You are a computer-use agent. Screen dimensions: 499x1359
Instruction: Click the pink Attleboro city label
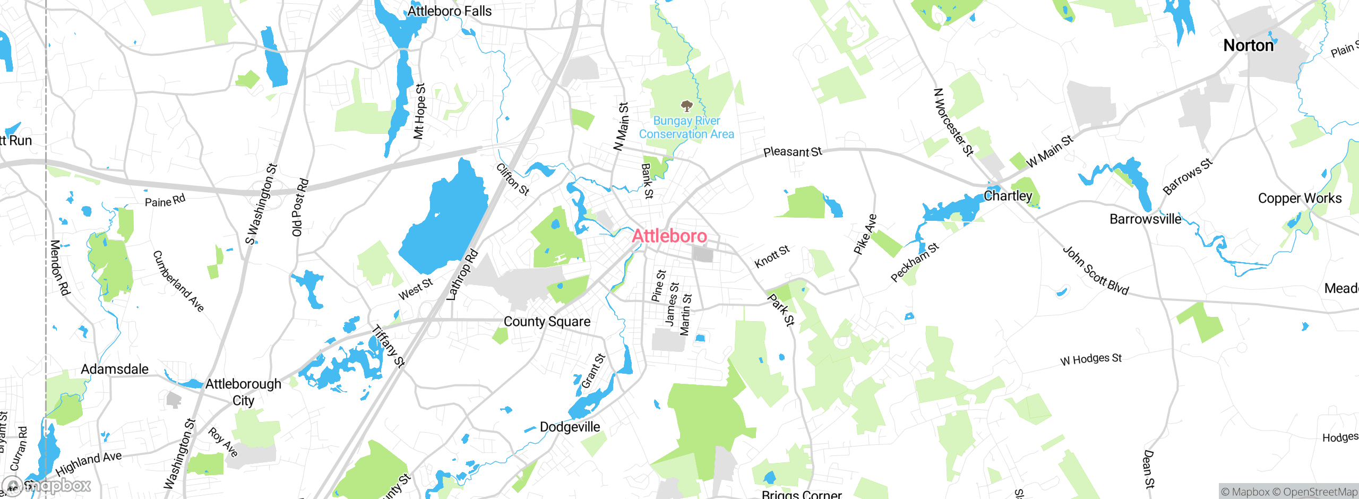(x=669, y=236)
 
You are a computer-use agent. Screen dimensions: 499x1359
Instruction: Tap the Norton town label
(x=1248, y=46)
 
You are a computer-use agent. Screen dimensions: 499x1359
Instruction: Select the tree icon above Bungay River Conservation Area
(x=686, y=106)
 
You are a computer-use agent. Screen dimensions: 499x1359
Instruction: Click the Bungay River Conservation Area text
(x=686, y=127)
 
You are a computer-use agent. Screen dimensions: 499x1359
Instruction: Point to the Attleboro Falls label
(x=449, y=11)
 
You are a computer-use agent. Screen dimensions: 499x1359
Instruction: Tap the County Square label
(x=547, y=322)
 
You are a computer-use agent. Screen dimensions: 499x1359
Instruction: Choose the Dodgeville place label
(x=570, y=427)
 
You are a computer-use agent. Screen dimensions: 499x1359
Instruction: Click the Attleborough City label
(x=243, y=392)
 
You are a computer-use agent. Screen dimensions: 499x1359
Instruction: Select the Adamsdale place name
(x=115, y=369)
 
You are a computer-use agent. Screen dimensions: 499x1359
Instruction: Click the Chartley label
(x=1008, y=196)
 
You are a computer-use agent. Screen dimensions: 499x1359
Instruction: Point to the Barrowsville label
(x=1146, y=219)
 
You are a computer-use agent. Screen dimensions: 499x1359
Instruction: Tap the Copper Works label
(x=1300, y=199)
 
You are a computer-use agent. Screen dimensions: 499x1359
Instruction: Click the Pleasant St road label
(x=792, y=152)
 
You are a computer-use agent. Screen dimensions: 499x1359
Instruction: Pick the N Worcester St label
(x=953, y=123)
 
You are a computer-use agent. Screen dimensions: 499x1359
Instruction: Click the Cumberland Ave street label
(x=178, y=281)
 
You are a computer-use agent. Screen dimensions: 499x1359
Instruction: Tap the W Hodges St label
(x=1091, y=359)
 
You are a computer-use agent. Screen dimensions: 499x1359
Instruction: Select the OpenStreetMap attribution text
(x=1320, y=492)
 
